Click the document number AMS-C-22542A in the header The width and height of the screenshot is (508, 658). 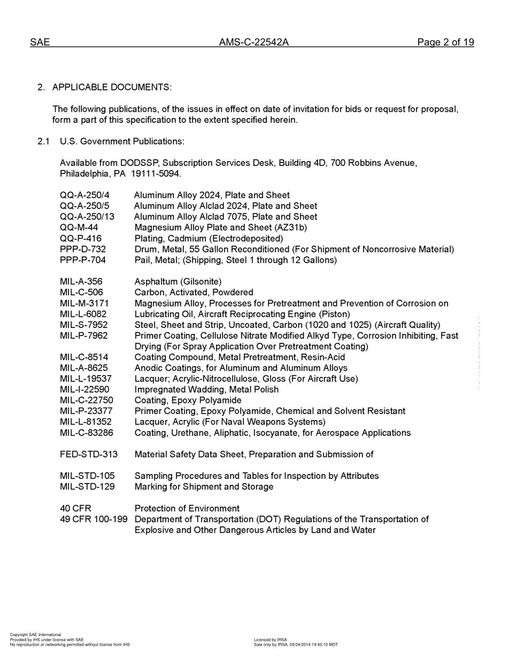(253, 43)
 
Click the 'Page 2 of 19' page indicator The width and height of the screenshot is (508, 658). (445, 43)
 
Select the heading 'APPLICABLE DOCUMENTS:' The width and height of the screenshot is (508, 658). (112, 87)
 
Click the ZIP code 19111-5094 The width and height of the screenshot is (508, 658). (156, 174)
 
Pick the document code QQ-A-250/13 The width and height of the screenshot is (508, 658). (87, 217)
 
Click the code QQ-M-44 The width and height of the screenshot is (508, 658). (79, 227)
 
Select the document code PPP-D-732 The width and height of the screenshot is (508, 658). (83, 249)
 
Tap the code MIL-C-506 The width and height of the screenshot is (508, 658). (81, 292)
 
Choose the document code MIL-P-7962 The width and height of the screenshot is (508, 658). (83, 335)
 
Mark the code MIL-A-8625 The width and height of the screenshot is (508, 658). (84, 368)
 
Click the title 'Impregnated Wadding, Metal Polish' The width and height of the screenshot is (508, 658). (206, 389)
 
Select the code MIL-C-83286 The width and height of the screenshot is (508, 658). (87, 433)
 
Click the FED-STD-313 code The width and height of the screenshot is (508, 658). (89, 454)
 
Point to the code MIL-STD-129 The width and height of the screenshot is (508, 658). (87, 487)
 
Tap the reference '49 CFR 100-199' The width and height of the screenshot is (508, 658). (94, 519)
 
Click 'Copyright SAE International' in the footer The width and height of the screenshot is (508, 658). (35, 634)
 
